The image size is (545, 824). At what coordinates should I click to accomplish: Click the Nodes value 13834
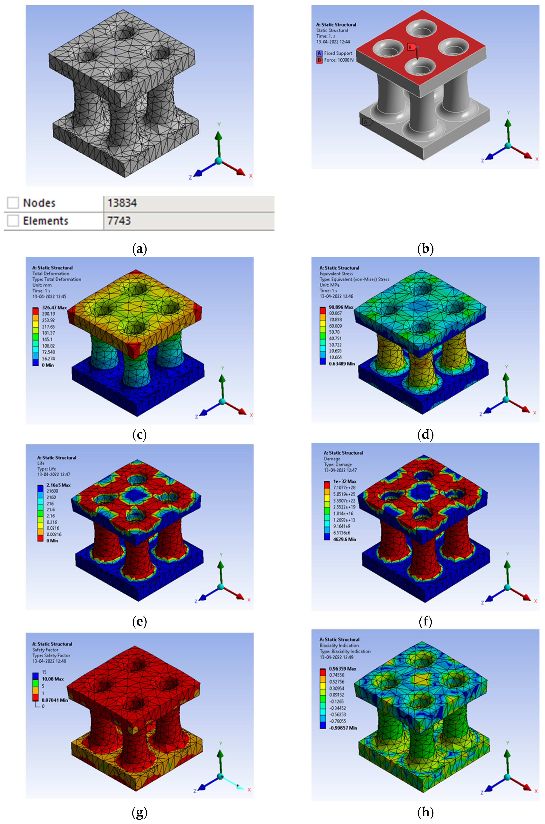(x=122, y=203)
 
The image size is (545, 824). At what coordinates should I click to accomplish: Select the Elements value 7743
(x=119, y=221)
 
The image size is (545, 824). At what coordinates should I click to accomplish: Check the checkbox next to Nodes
(x=13, y=203)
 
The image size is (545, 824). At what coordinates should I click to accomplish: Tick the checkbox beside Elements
(x=13, y=221)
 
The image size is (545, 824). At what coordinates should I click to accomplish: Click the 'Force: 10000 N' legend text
(x=339, y=60)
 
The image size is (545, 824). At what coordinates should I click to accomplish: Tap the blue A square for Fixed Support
(x=319, y=53)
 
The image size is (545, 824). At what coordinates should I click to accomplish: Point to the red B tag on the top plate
(x=411, y=47)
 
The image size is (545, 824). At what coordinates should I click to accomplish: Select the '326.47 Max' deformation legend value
(x=54, y=307)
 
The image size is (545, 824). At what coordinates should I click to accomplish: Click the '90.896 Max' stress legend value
(x=341, y=307)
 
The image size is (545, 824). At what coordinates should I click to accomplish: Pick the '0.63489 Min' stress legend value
(x=342, y=364)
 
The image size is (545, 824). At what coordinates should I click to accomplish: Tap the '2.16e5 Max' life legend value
(x=58, y=485)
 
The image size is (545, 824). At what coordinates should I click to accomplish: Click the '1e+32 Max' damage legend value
(x=345, y=481)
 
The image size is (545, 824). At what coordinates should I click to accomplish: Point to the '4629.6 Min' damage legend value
(x=345, y=539)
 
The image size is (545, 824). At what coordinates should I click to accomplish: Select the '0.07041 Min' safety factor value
(x=55, y=700)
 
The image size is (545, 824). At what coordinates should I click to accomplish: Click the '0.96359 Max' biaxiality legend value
(x=343, y=668)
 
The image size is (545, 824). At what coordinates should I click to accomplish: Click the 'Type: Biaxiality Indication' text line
(x=345, y=651)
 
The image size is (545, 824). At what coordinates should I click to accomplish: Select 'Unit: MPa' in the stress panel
(x=330, y=285)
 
